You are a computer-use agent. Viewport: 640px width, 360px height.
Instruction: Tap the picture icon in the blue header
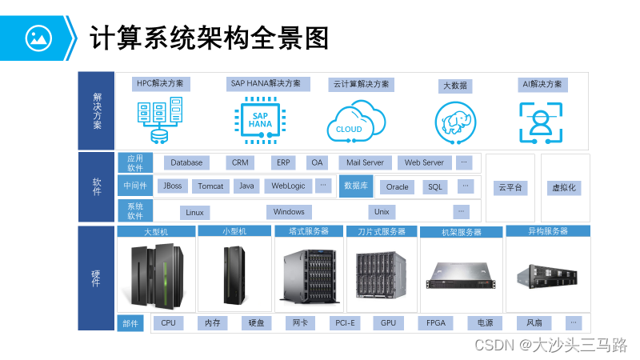(38, 37)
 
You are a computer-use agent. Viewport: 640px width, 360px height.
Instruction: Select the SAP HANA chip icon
(260, 120)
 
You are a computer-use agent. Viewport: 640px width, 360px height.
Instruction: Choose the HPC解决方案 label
(160, 83)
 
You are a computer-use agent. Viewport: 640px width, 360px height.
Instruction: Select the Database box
(186, 162)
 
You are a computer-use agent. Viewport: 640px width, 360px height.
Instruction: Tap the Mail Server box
(365, 162)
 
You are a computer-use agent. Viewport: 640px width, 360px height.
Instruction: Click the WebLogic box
(288, 186)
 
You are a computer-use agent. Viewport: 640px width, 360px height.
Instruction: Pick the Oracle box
(397, 186)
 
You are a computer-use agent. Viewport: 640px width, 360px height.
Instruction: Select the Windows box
(289, 212)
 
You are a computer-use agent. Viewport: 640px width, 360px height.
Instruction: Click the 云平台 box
(510, 188)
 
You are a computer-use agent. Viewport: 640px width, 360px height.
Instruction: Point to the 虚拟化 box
(564, 188)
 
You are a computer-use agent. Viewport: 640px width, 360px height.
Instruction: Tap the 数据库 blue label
(356, 186)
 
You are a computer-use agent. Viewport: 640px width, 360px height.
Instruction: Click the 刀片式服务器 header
(382, 232)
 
